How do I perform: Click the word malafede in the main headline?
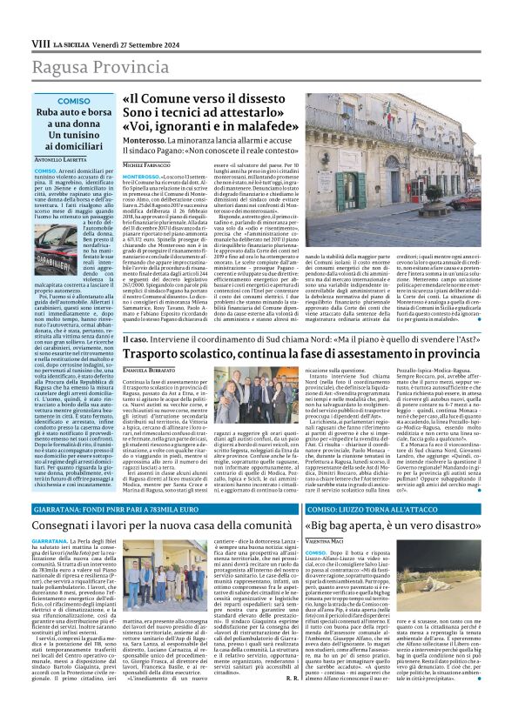point(260,125)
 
